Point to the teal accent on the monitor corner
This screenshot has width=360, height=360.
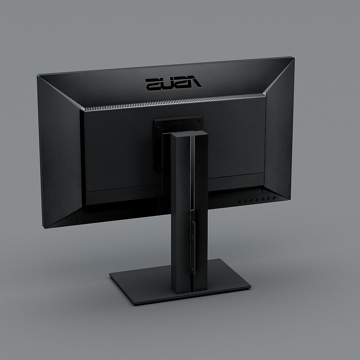tap(38, 75)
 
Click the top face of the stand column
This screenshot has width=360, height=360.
tap(189, 134)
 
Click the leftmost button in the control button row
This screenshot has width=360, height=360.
tap(240, 201)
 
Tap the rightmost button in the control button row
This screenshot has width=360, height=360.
tap(274, 198)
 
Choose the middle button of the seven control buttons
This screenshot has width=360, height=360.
tap(257, 199)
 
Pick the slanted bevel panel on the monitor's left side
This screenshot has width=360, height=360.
tap(59, 151)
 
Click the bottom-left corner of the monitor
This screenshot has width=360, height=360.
tap(44, 228)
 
